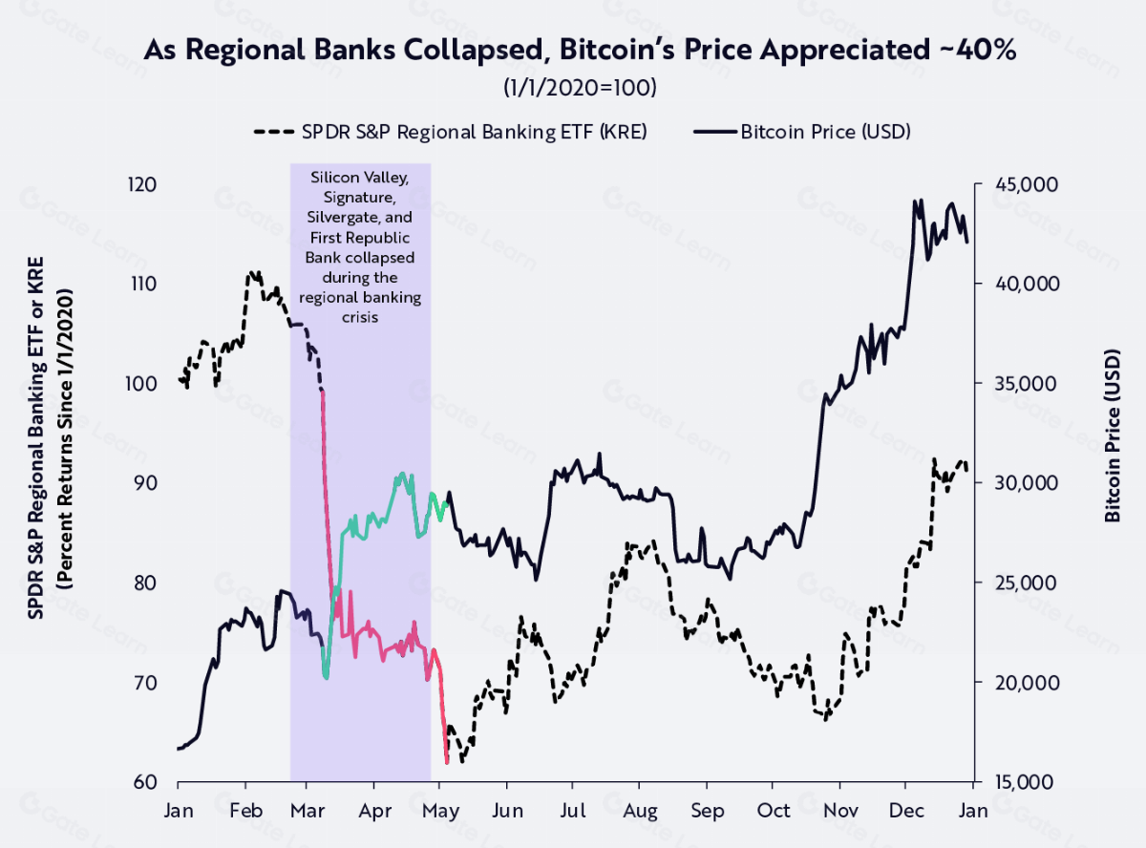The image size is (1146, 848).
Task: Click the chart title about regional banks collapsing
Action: tap(580, 51)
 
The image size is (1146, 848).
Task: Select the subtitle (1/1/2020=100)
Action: tap(580, 87)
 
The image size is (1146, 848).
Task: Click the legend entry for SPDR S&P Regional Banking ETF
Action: tap(451, 132)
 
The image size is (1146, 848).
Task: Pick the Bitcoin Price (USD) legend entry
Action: tap(802, 132)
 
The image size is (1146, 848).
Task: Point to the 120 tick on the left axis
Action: tap(141, 184)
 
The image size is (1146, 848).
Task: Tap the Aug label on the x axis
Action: tap(639, 811)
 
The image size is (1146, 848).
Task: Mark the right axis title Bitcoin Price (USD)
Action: tap(1113, 433)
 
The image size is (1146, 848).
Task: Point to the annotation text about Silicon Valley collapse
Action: tap(360, 246)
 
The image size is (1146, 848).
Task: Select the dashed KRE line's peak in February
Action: tap(252, 272)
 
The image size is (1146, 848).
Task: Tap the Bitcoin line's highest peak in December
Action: tap(917, 201)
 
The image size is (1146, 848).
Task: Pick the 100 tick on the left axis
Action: tap(141, 384)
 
